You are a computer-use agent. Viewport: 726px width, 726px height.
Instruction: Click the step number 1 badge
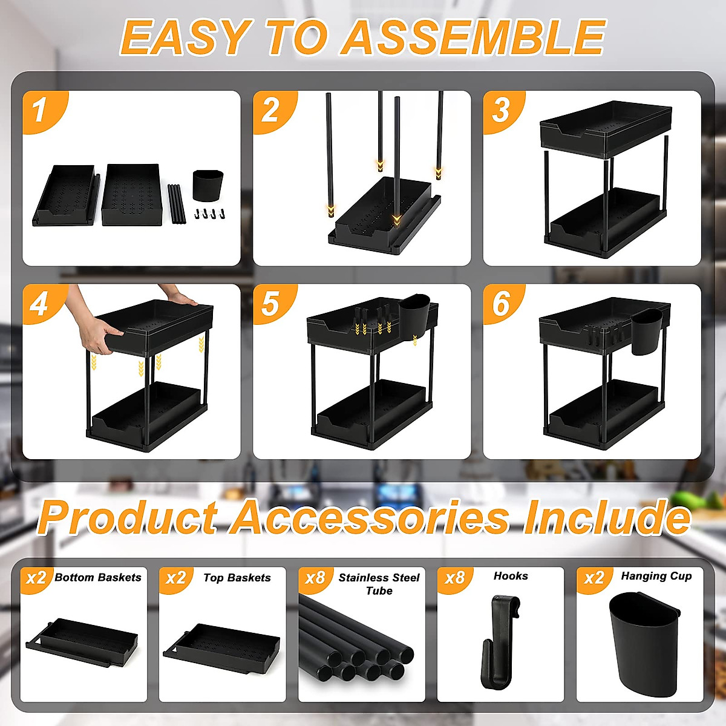[x=40, y=111]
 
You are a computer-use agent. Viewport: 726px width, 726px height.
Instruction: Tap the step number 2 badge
[x=270, y=111]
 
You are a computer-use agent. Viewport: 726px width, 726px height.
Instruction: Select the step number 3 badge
[x=501, y=111]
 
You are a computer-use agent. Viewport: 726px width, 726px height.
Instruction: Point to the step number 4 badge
[x=39, y=304]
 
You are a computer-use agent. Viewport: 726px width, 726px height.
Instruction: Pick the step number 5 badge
[x=270, y=304]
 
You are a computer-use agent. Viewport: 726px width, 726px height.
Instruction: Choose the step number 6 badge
[x=501, y=304]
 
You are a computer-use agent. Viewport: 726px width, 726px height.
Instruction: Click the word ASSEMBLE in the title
[x=473, y=38]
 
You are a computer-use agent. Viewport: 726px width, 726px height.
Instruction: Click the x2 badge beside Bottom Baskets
[x=36, y=578]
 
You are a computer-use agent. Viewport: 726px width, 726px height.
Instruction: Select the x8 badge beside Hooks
[x=454, y=578]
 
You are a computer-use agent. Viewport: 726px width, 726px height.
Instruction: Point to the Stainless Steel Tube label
[x=379, y=584]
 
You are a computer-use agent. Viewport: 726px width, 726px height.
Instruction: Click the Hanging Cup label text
[x=656, y=576]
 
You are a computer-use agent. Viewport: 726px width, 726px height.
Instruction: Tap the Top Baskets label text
[x=237, y=578]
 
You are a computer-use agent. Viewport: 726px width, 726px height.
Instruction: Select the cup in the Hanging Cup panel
[x=643, y=645]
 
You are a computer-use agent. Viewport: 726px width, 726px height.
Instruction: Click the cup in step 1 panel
[x=208, y=186]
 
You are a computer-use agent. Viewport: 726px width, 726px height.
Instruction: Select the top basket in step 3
[x=605, y=129]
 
